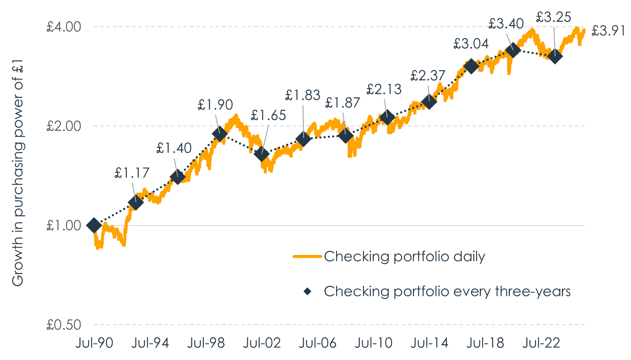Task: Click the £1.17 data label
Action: pyautogui.click(x=132, y=173)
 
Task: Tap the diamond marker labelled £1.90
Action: pyautogui.click(x=220, y=134)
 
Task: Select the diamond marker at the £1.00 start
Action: pyautogui.click(x=94, y=225)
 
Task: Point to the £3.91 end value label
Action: pyautogui.click(x=608, y=31)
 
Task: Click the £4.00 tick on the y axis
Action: pyautogui.click(x=64, y=27)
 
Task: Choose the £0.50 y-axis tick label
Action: pyautogui.click(x=64, y=325)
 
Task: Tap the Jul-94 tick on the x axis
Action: pyautogui.click(x=150, y=343)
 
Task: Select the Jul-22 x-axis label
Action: pyautogui.click(x=541, y=343)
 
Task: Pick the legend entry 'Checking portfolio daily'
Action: pyautogui.click(x=404, y=256)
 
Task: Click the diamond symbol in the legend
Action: pyautogui.click(x=307, y=291)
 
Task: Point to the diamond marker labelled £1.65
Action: pyautogui.click(x=262, y=154)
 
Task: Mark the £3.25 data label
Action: pyautogui.click(x=553, y=17)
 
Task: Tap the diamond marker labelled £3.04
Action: pyautogui.click(x=471, y=66)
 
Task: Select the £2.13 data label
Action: pyautogui.click(x=384, y=89)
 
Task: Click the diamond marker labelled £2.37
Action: pyautogui.click(x=429, y=102)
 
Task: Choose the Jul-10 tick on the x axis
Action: pyautogui.click(x=374, y=343)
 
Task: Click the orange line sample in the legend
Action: pyautogui.click(x=307, y=256)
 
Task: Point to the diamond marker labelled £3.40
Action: pyautogui.click(x=513, y=50)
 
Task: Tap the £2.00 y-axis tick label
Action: pyautogui.click(x=64, y=126)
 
